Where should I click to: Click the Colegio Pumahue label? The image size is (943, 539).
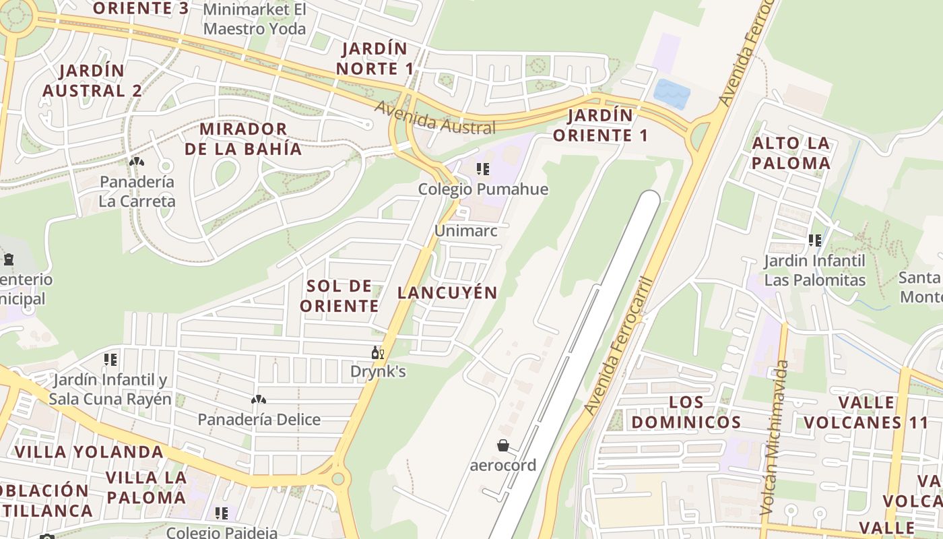click(x=483, y=189)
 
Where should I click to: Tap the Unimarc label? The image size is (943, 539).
click(x=466, y=230)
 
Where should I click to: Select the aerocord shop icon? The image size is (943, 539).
click(x=502, y=445)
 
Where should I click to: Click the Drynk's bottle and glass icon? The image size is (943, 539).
click(x=378, y=352)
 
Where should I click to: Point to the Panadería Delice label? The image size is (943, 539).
click(x=259, y=420)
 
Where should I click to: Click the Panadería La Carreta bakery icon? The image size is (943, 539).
click(x=137, y=162)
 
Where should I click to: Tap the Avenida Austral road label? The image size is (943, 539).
click(x=435, y=118)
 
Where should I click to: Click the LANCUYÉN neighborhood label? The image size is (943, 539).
click(x=447, y=292)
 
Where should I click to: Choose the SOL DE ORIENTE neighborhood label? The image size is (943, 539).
click(x=339, y=296)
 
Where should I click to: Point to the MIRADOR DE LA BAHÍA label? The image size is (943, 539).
click(x=243, y=139)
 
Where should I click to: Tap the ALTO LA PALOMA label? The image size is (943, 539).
click(x=791, y=153)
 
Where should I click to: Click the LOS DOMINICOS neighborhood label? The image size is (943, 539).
click(x=686, y=412)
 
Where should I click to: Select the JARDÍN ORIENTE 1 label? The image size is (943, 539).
click(x=599, y=125)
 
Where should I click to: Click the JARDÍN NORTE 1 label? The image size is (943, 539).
click(x=376, y=59)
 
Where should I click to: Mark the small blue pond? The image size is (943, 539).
click(x=672, y=93)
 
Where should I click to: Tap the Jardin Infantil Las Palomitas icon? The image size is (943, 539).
click(x=815, y=241)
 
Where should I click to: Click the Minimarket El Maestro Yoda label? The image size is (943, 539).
click(x=255, y=20)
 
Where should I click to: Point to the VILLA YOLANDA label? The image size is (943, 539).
click(x=89, y=451)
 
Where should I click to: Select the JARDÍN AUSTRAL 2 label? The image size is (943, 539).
click(x=92, y=80)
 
